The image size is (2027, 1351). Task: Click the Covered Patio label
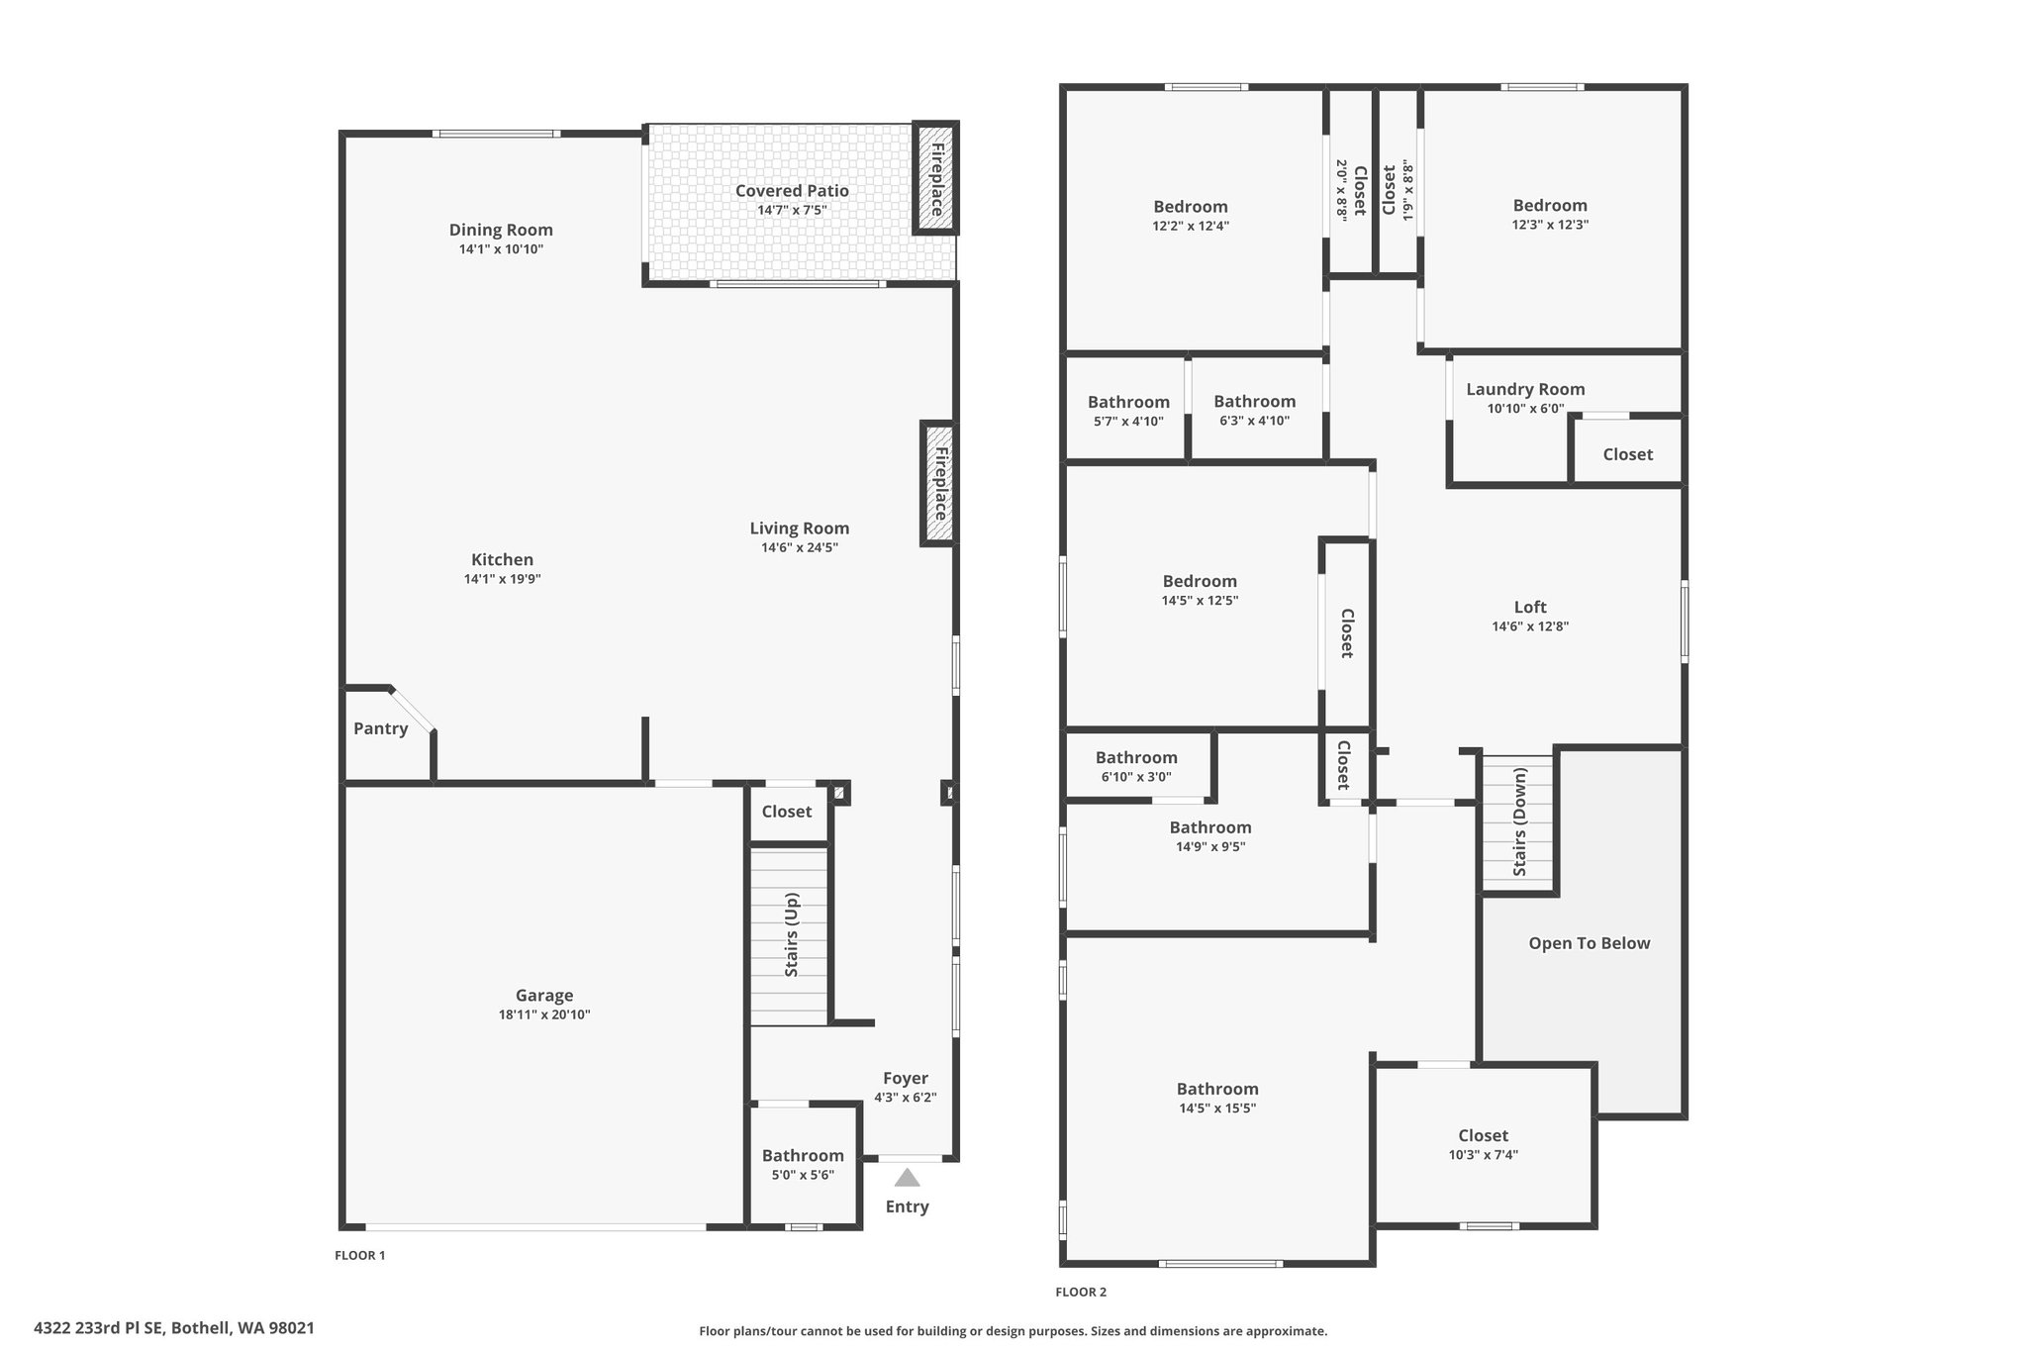coord(792,191)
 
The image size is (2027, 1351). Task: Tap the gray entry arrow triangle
coord(907,1178)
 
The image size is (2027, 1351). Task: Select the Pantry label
coord(381,728)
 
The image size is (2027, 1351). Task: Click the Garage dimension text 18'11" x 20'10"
coord(544,1014)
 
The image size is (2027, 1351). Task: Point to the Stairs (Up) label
coord(792,935)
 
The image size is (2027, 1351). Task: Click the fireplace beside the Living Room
coord(939,483)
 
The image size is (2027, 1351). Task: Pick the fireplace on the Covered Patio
coord(935,178)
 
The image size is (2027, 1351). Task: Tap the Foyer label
coord(906,1078)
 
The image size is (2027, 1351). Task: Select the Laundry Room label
coord(1525,390)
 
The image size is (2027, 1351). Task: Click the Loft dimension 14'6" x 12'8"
coord(1530,627)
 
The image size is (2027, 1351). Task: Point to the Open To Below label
coord(1590,943)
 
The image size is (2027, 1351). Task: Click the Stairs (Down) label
coord(1520,821)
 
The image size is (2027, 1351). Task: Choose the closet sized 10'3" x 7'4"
coord(1483,1144)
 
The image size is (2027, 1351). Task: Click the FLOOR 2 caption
coord(1081,1292)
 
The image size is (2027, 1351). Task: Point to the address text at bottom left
coord(174,1328)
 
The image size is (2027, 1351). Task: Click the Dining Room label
coord(501,231)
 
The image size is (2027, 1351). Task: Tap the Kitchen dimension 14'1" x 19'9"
coord(503,579)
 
